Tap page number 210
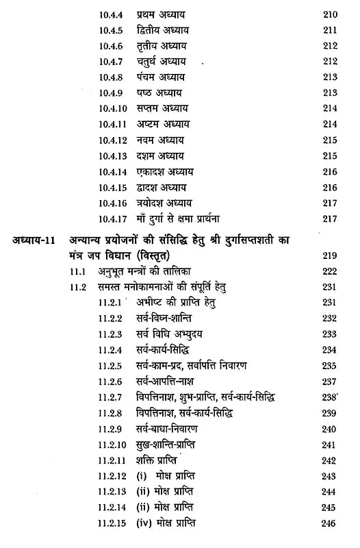point(331,14)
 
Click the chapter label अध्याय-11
point(34,222)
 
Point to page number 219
point(331,237)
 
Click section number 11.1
point(81,252)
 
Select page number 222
point(331,252)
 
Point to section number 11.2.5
point(110,366)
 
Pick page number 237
point(331,382)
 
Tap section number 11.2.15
point(112,525)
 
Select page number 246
point(331,525)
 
